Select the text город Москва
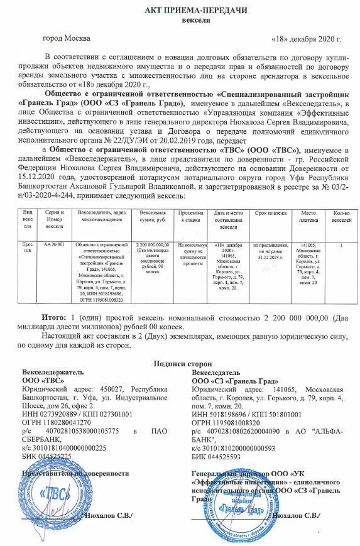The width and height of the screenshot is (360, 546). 64,38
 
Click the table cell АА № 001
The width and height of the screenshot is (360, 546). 52,243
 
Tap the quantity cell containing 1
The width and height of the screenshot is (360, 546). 340,243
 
